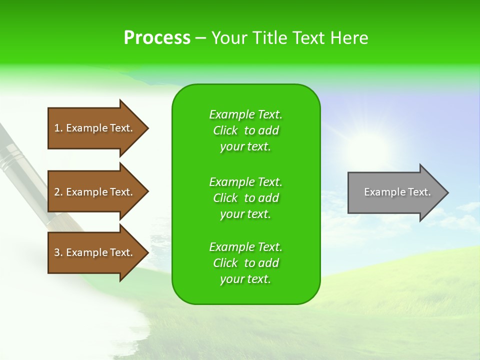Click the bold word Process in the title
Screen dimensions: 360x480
click(x=157, y=37)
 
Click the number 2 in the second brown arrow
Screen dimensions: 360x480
click(x=57, y=192)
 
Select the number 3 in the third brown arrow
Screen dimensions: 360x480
click(x=57, y=252)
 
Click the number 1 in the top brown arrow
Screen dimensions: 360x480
click(x=57, y=128)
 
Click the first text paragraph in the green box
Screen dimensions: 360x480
click(x=245, y=130)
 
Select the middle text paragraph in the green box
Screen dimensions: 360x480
click(x=245, y=198)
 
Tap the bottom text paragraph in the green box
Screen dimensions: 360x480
click(x=245, y=263)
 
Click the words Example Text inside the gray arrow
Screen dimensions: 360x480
click(x=397, y=192)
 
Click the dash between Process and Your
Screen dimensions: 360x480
click(x=200, y=38)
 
